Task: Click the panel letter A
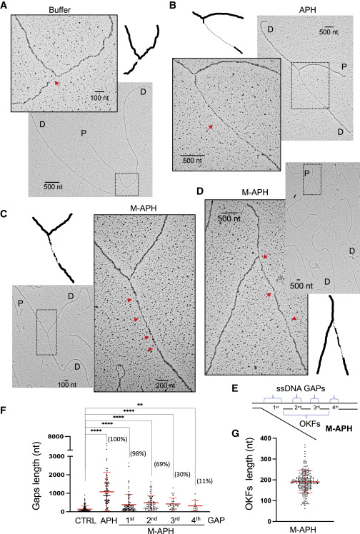coord(4,6)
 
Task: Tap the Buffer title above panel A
coord(59,10)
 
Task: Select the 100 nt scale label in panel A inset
coord(99,98)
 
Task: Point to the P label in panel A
coord(84,133)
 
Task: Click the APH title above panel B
coord(307,10)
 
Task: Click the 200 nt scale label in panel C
coord(165,386)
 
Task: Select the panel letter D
coord(200,191)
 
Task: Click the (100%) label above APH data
coord(118,439)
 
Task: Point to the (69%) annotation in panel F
coord(161,464)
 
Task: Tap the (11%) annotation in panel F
coord(204,481)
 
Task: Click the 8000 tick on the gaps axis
coord(56,437)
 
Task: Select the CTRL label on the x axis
coord(86,520)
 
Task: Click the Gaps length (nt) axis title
coord(36,475)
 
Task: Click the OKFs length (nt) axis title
coord(249,482)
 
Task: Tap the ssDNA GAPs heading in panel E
coord(301,388)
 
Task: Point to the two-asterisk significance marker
coord(139,405)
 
